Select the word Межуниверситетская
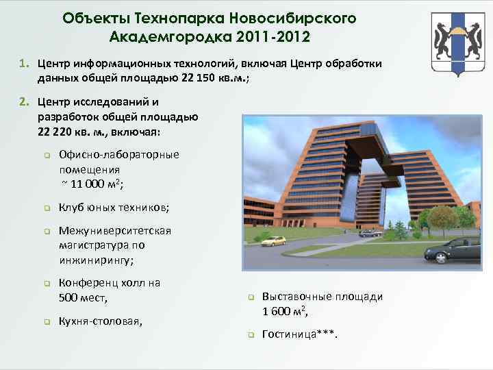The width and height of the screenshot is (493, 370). (114, 231)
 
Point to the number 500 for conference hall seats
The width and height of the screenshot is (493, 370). (71, 298)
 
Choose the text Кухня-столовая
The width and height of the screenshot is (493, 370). (101, 320)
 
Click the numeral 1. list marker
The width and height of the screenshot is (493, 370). (23, 64)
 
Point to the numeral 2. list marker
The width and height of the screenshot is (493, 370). (23, 102)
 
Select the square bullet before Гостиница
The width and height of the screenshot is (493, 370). (251, 336)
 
